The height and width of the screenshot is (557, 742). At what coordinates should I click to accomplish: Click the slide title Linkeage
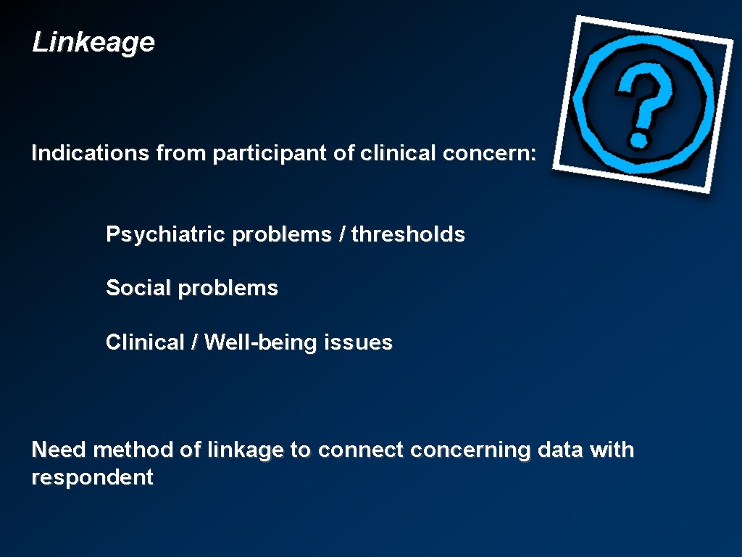[93, 43]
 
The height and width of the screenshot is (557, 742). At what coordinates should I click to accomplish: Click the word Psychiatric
[166, 235]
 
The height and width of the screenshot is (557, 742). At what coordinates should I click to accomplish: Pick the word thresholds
[408, 234]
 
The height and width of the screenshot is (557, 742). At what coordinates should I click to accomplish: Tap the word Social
[139, 288]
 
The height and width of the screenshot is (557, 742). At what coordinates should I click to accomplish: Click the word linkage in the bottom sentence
[245, 450]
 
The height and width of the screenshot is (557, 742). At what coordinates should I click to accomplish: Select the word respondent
[92, 478]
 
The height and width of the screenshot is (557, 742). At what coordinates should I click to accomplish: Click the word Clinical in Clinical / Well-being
[146, 342]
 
